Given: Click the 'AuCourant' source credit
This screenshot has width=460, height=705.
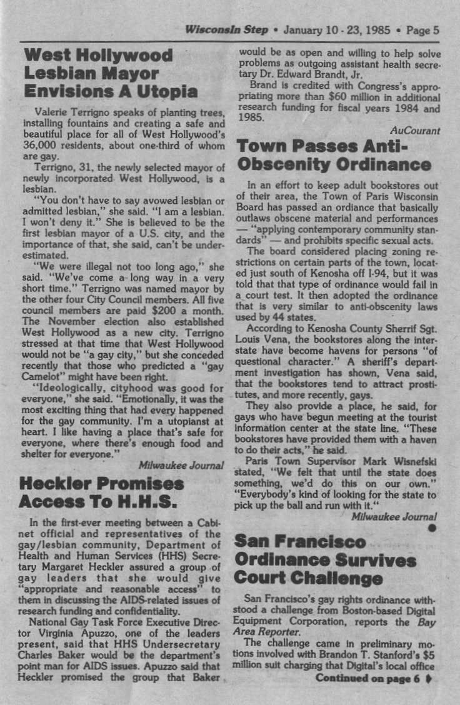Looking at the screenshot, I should tap(415, 131).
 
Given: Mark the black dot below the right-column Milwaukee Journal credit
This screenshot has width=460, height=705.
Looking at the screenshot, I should tap(432, 528).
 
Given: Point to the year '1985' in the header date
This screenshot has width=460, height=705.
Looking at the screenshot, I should tap(379, 29).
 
